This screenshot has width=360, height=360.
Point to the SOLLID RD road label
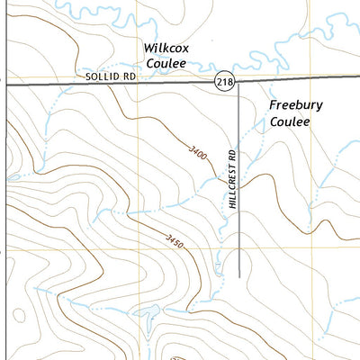(x=111, y=78)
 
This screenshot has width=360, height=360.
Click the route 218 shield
(x=224, y=83)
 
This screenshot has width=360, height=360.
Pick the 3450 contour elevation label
(x=174, y=239)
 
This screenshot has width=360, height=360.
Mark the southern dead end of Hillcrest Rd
(x=239, y=276)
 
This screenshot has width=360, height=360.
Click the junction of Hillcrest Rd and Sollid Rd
(x=239, y=83)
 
